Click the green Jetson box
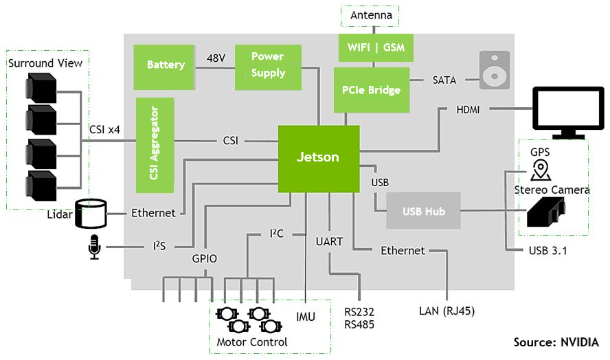[x=318, y=158]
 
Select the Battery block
[x=166, y=65]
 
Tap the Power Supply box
[x=268, y=66]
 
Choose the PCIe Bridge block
[x=371, y=90]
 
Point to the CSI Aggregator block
[x=155, y=143]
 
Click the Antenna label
[x=371, y=15]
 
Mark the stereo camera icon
[x=545, y=212]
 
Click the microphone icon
[x=94, y=247]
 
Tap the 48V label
[x=216, y=58]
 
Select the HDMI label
[x=468, y=109]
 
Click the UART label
[x=329, y=242]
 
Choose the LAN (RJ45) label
[x=447, y=311]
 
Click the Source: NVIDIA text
[x=556, y=342]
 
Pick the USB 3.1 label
[x=547, y=250]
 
